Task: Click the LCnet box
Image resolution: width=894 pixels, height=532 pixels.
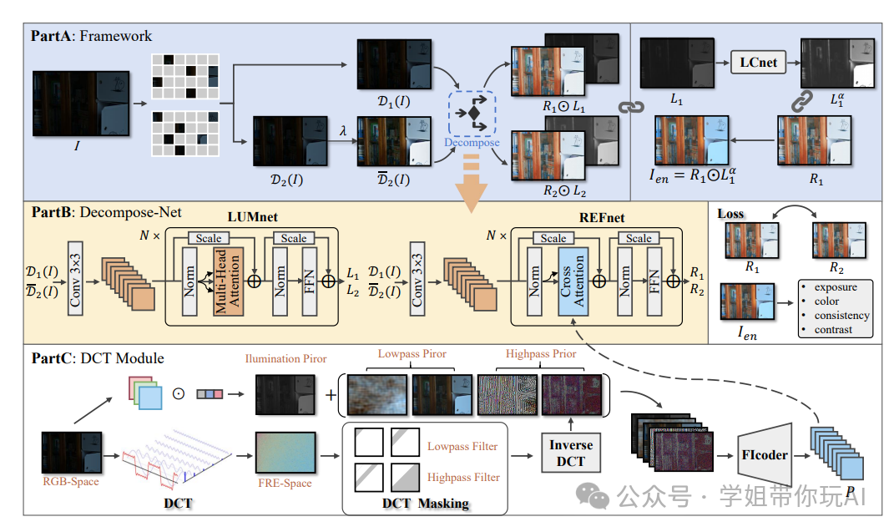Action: click(759, 62)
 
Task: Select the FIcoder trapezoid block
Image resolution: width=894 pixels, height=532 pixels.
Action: click(764, 456)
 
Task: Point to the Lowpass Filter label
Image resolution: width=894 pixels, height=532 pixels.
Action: click(462, 447)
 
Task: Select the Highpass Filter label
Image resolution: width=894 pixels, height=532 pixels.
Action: click(463, 477)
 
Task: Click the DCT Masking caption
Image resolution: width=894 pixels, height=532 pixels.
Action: click(426, 504)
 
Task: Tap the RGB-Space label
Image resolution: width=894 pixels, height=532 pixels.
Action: click(71, 481)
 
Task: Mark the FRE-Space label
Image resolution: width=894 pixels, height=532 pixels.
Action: click(285, 483)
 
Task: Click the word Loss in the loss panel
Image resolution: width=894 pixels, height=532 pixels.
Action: click(731, 214)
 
